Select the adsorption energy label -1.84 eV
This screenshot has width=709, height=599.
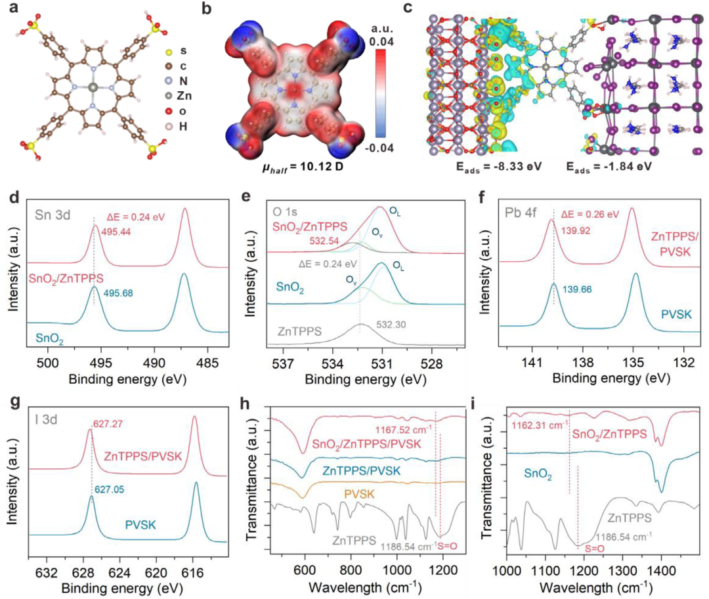point(610,167)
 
